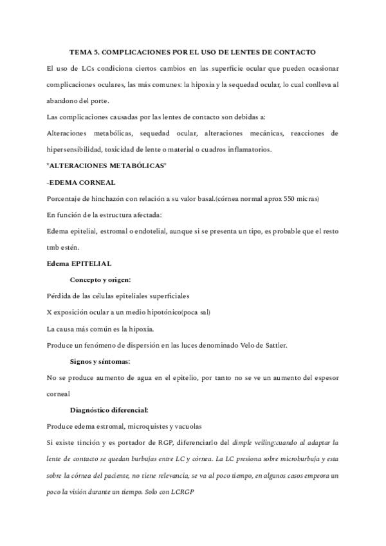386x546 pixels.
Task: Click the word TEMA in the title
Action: tap(81, 51)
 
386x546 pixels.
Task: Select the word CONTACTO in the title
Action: tap(294, 51)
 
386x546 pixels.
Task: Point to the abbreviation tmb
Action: tap(55, 247)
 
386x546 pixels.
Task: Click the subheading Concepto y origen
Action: tap(100, 280)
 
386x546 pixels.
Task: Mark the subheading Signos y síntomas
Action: tap(100, 361)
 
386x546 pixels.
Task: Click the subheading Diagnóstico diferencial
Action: tap(109, 410)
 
